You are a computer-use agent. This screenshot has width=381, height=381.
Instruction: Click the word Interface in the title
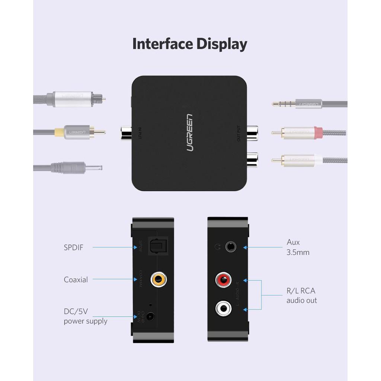(x=163, y=44)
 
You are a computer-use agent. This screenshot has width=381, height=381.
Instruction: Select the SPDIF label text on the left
(x=73, y=247)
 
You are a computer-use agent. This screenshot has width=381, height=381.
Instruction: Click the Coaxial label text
(x=76, y=280)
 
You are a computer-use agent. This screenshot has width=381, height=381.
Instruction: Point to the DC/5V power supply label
(x=86, y=316)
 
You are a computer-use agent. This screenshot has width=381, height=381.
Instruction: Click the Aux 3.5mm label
(x=298, y=247)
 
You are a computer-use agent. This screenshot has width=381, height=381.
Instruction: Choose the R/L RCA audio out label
(x=301, y=296)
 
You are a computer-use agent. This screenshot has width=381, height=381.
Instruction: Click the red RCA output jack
(x=224, y=280)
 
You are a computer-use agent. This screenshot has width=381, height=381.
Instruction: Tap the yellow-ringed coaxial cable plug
(x=74, y=132)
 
